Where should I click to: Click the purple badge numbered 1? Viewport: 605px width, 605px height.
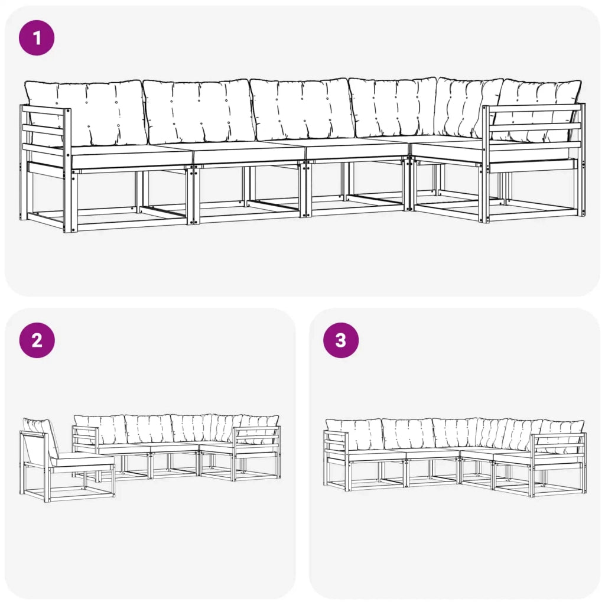(x=37, y=38)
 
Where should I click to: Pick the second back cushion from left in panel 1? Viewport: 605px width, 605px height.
(x=198, y=111)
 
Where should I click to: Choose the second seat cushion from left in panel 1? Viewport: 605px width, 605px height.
(x=248, y=154)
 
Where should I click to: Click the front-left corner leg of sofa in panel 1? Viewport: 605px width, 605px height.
(x=70, y=201)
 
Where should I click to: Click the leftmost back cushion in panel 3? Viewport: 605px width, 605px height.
(x=354, y=434)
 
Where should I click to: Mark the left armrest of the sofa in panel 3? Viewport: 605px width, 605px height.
(x=336, y=446)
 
